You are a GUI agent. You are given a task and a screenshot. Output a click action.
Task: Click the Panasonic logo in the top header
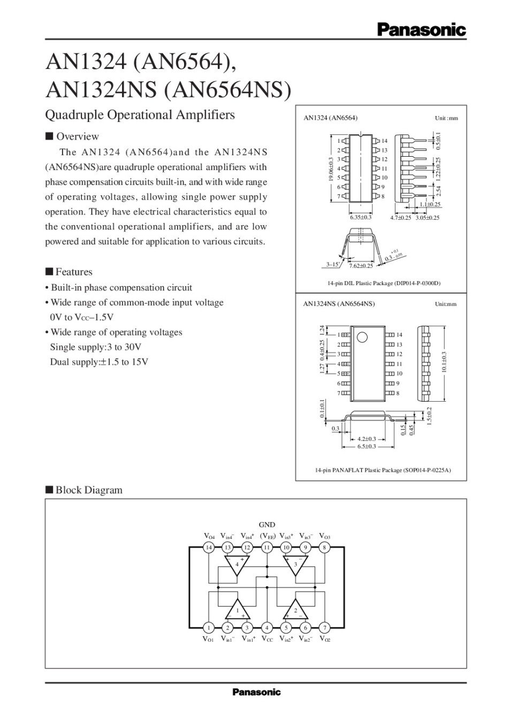tap(422, 30)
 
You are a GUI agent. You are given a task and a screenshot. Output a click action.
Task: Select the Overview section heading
tap(72, 136)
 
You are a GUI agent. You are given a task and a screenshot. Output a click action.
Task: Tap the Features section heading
tap(69, 272)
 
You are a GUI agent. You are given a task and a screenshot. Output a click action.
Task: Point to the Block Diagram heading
tap(84, 490)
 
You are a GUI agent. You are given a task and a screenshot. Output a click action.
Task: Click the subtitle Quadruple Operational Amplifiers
tap(140, 115)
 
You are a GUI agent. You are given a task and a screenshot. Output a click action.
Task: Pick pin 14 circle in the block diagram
tap(209, 547)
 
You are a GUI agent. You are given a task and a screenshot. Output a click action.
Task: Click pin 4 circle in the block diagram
tap(266, 627)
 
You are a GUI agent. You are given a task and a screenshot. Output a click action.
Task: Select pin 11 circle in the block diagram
tap(266, 547)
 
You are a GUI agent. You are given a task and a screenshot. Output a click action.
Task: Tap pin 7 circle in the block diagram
tap(325, 627)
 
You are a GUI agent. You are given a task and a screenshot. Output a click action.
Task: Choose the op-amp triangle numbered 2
tap(295, 609)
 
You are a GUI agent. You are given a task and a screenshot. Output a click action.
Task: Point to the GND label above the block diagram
tap(267, 525)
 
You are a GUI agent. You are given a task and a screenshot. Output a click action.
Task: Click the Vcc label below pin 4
tap(267, 639)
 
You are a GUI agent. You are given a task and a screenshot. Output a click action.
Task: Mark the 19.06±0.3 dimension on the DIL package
tap(331, 170)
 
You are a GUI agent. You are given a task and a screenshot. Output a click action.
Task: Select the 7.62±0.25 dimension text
tap(361, 266)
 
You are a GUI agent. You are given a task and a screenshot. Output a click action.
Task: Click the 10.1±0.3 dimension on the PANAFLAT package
tap(444, 362)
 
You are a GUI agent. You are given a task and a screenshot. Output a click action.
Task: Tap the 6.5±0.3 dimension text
tap(367, 447)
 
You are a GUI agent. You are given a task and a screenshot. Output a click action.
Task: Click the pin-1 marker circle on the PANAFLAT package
tap(362, 337)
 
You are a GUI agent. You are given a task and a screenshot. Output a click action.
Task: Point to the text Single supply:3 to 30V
tap(96, 347)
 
